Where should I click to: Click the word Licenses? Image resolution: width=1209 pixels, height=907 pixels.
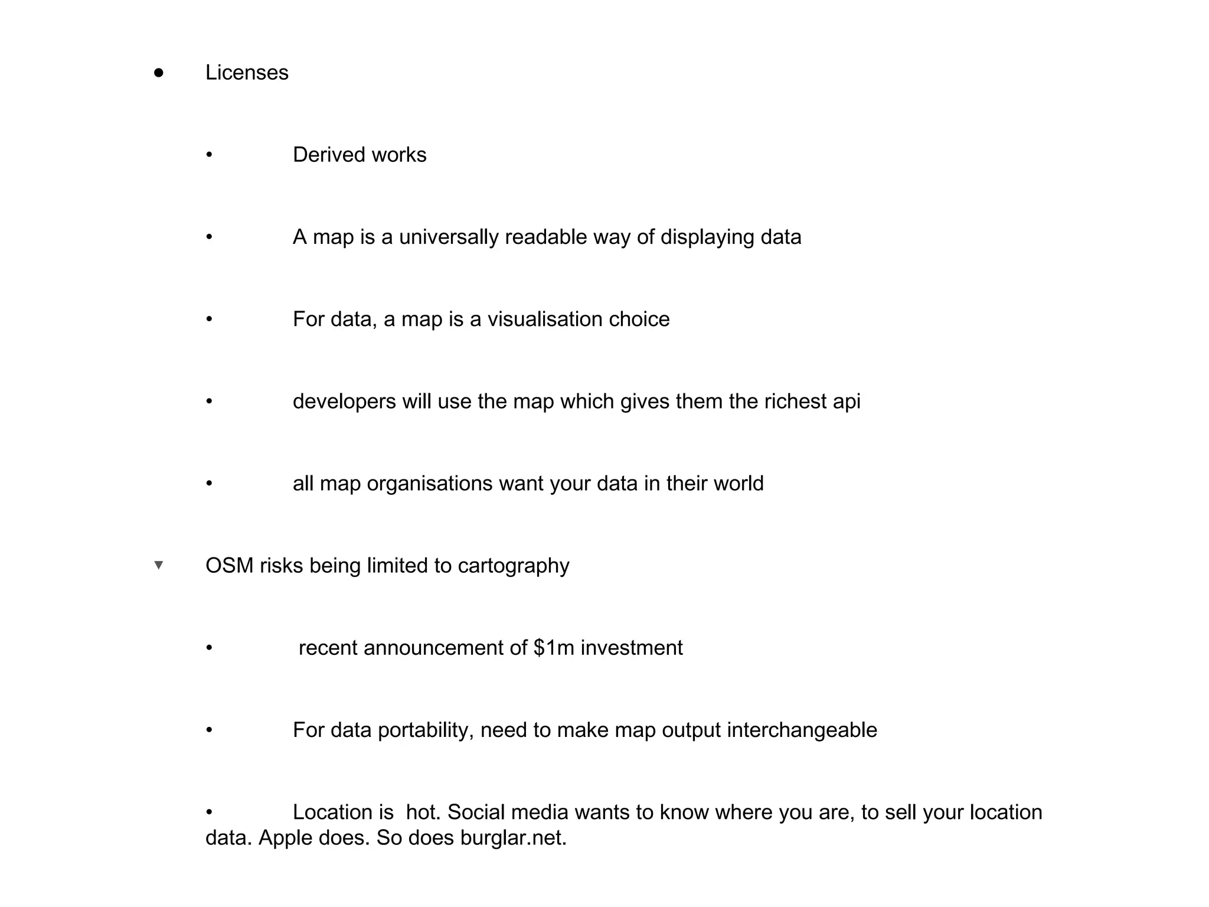tap(247, 73)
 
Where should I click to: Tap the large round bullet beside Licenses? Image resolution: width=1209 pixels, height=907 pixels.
tap(158, 73)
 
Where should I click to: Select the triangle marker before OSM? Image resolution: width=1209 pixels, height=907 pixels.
tap(158, 565)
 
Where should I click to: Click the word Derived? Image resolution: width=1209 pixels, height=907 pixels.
tap(329, 155)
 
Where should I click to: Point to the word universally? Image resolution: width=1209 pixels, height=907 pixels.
tap(449, 237)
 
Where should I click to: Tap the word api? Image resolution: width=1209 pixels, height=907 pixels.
tap(846, 402)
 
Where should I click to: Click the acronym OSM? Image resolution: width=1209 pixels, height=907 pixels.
tap(229, 566)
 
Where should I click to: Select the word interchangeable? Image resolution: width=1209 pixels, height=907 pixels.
tap(802, 730)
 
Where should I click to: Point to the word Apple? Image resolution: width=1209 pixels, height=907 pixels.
tap(285, 837)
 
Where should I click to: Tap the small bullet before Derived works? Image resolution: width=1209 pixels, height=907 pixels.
tap(209, 155)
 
